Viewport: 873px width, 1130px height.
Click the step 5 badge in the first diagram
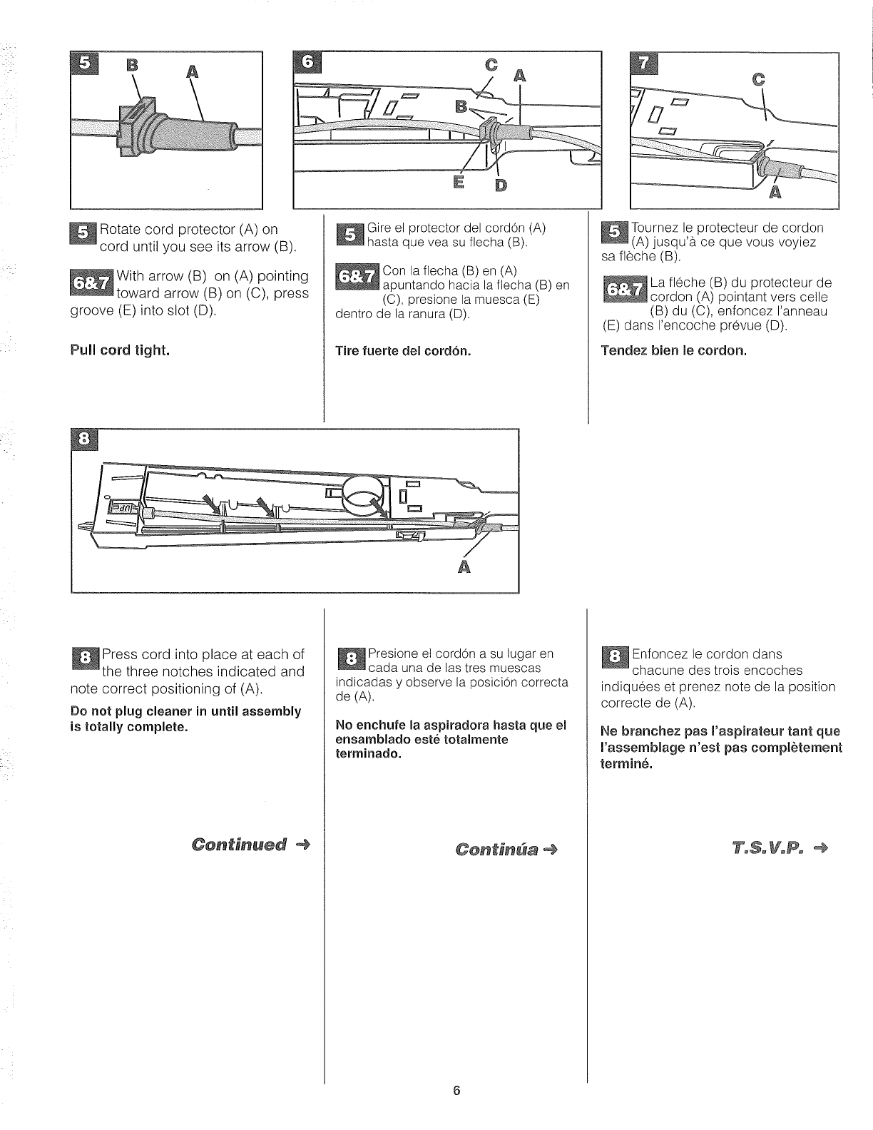[x=84, y=63]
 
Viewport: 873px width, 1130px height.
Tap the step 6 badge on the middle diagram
[x=308, y=63]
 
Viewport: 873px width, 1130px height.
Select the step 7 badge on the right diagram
[x=644, y=63]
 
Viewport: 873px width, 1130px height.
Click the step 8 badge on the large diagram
[x=84, y=441]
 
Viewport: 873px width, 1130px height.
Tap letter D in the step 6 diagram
[x=500, y=186]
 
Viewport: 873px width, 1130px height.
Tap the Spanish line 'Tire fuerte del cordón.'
[x=403, y=351]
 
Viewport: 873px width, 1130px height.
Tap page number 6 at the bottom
[x=456, y=1110]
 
